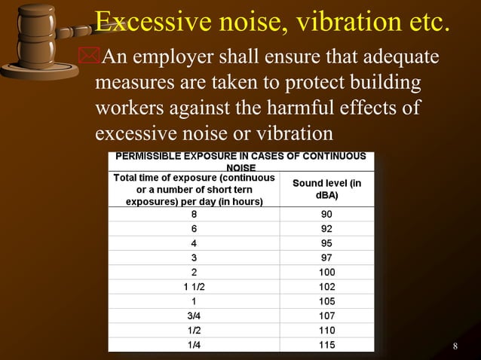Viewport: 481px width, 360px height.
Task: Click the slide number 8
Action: [x=455, y=346]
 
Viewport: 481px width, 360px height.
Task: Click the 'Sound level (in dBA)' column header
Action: [x=326, y=188]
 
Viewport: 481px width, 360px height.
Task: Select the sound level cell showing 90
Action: [x=326, y=214]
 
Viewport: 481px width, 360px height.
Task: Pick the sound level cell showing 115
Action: [x=326, y=344]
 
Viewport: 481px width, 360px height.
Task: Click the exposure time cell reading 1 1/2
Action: [x=194, y=286]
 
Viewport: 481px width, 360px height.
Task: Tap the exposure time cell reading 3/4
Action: [x=194, y=316]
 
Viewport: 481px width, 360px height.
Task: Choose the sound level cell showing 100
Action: [x=326, y=272]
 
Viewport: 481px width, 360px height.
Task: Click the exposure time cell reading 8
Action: [x=194, y=214]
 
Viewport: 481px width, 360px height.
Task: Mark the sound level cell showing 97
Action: [x=326, y=258]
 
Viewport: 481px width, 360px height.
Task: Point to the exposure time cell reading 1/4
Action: [x=194, y=344]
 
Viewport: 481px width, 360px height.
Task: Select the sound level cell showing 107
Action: [x=326, y=316]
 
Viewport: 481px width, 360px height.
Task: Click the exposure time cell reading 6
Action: [x=194, y=228]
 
